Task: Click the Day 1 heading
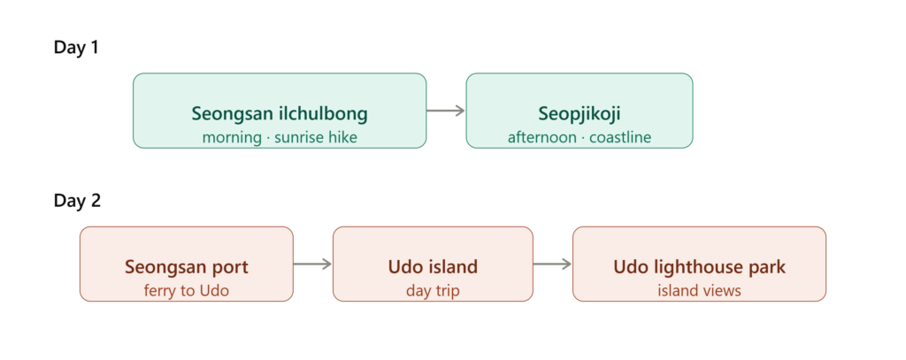point(76,48)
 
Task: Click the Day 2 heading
point(78,201)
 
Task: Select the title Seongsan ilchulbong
point(280,114)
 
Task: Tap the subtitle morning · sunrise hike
point(280,137)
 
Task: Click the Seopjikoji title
point(580,114)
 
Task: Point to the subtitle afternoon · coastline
point(580,137)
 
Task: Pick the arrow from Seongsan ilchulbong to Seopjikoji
point(446,111)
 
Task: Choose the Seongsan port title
point(187,267)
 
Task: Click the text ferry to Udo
point(187,290)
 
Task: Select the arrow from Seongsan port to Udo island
point(312,264)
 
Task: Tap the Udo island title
point(433,267)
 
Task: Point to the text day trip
point(433,291)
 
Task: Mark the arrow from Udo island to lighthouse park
point(552,264)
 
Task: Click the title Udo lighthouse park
point(699,267)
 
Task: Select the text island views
point(699,290)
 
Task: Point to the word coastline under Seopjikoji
point(620,137)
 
